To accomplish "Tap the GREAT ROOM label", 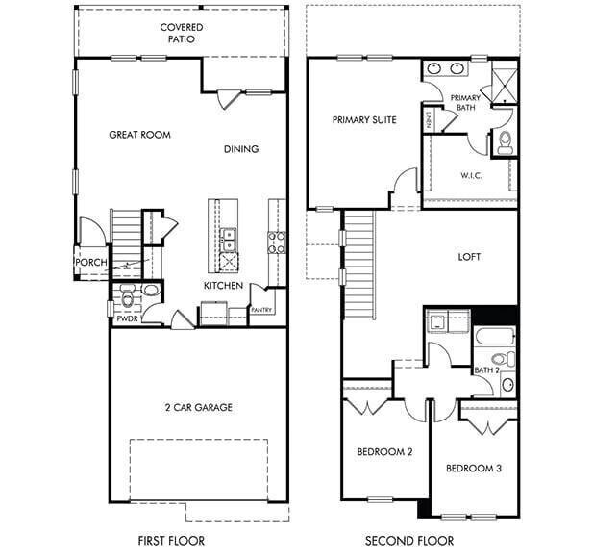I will [x=139, y=135].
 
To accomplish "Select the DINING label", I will [x=241, y=149].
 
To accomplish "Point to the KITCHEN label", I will [x=222, y=286].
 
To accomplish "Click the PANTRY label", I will [x=261, y=310].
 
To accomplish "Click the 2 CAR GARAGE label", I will [x=198, y=407].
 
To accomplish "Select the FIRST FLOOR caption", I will [x=172, y=540].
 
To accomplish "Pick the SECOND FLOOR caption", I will [x=410, y=540].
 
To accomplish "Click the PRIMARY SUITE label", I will [x=364, y=120].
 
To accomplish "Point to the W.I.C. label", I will [x=471, y=175].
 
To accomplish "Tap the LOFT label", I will [x=469, y=257].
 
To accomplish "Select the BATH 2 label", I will [x=486, y=370].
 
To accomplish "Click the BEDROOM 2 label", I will [x=384, y=451].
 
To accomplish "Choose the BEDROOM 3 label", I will [x=474, y=469].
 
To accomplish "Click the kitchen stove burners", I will [x=275, y=242].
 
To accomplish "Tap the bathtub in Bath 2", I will [x=493, y=339].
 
